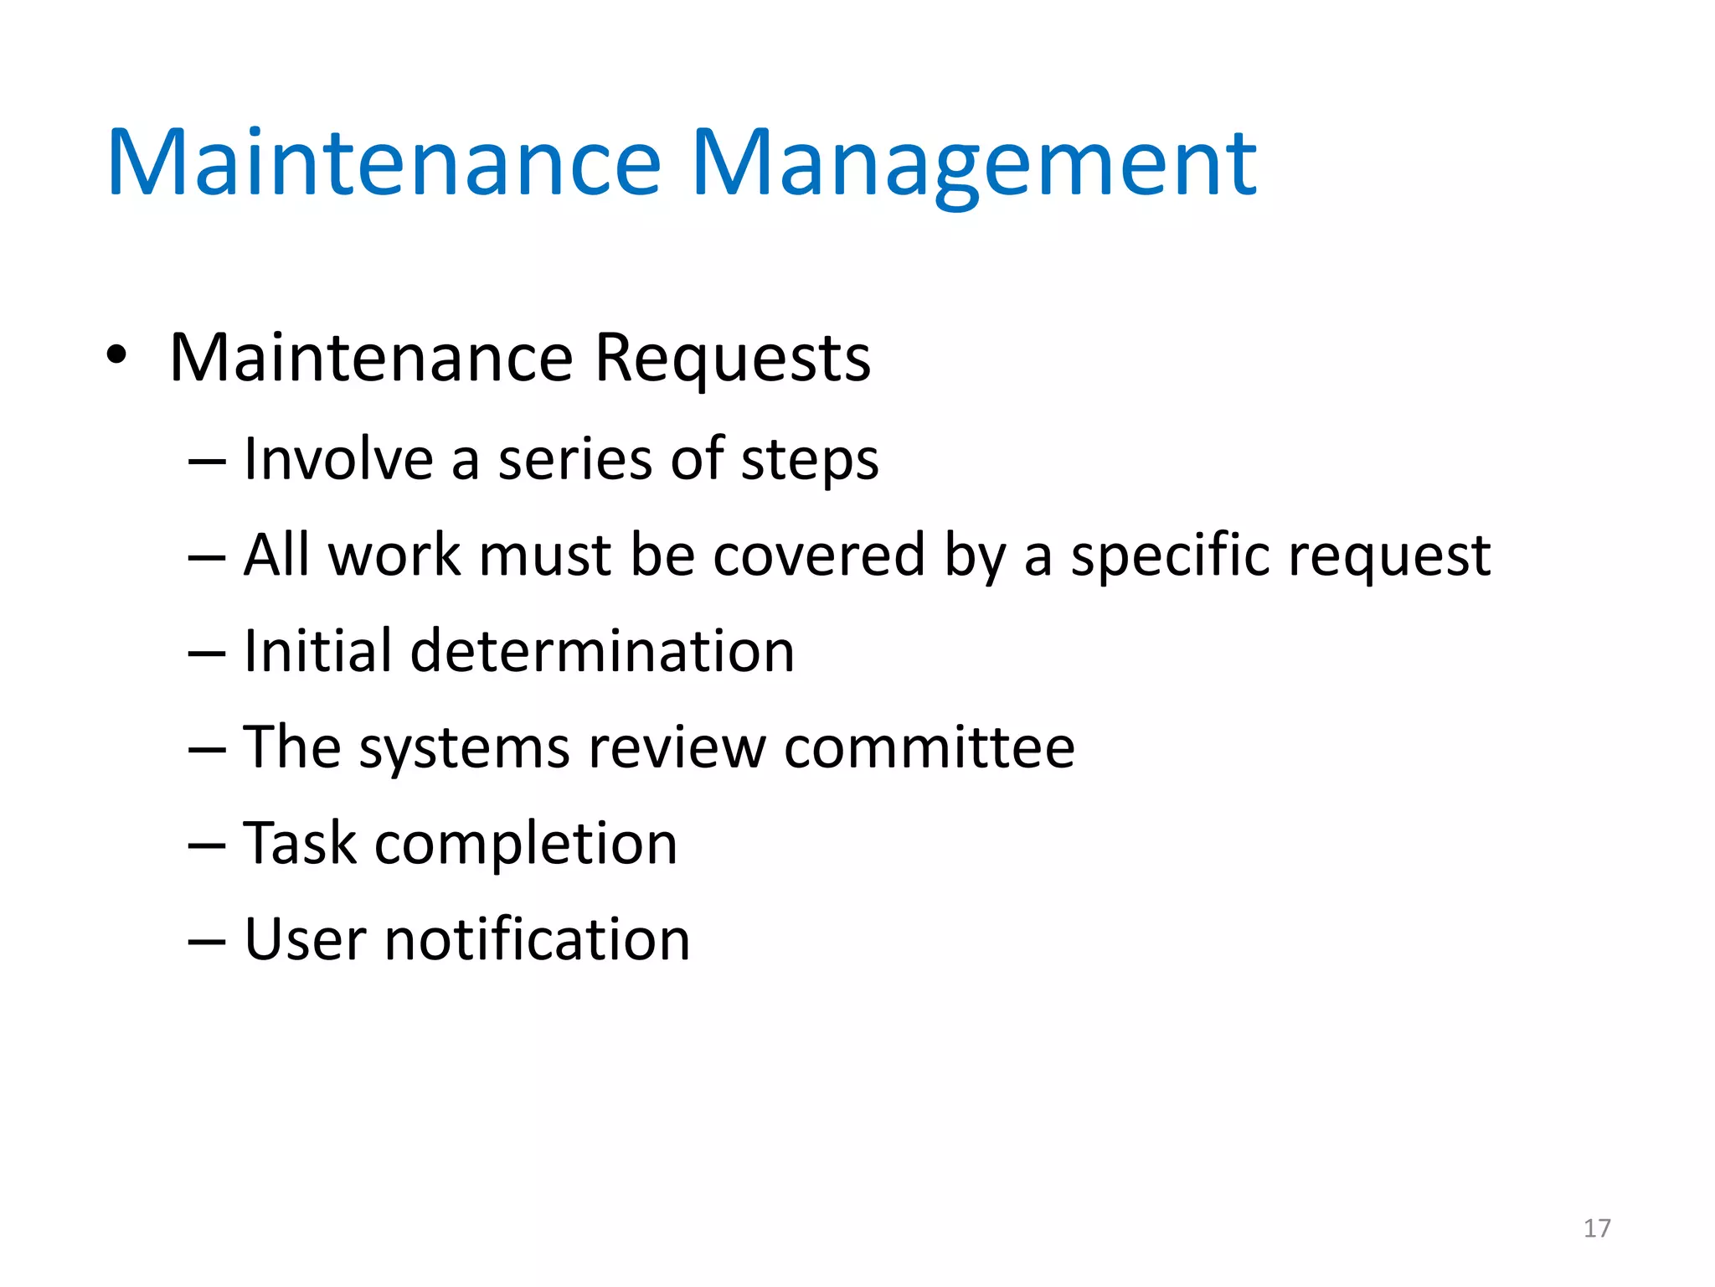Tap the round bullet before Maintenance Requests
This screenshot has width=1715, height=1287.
pyautogui.click(x=116, y=355)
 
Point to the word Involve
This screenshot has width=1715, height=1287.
pyautogui.click(x=338, y=459)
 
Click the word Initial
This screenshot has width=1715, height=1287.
pyautogui.click(x=317, y=651)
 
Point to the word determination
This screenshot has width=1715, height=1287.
pyautogui.click(x=602, y=651)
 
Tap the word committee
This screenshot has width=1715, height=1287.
pyautogui.click(x=929, y=747)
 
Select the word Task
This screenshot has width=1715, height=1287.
pyautogui.click(x=300, y=843)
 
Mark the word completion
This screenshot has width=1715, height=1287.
pyautogui.click(x=526, y=845)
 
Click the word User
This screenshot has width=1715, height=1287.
pyautogui.click(x=305, y=939)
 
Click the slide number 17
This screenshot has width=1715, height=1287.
pyautogui.click(x=1597, y=1228)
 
